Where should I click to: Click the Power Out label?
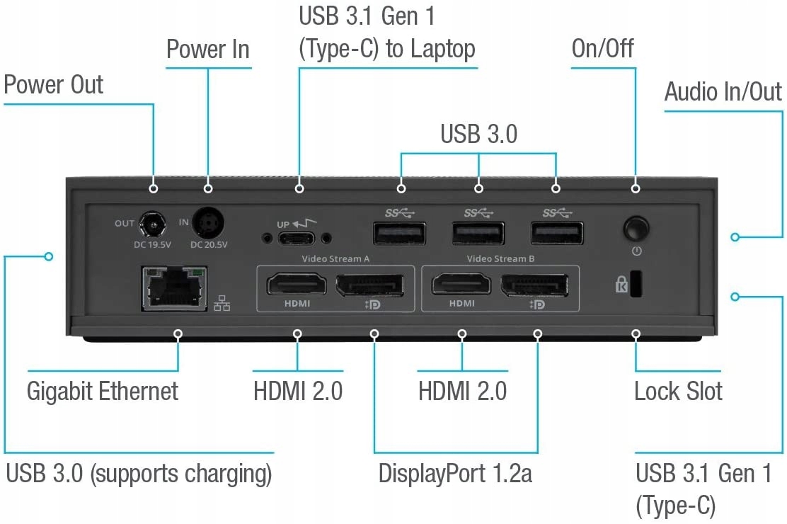click(54, 84)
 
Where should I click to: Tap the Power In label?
click(208, 50)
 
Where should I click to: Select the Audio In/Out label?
click(723, 91)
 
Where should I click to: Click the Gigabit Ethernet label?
click(103, 390)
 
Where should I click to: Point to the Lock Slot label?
click(678, 390)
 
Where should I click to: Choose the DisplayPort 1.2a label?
click(455, 472)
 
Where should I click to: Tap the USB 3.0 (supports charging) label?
click(139, 473)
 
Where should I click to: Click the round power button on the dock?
click(636, 229)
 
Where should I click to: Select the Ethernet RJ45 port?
click(173, 287)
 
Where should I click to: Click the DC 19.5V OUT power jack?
click(150, 227)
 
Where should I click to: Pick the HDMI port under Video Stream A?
click(297, 285)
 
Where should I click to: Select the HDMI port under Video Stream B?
click(461, 285)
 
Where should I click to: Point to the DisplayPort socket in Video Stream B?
click(536, 285)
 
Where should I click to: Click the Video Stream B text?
click(501, 258)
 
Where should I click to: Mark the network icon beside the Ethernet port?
click(222, 303)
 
